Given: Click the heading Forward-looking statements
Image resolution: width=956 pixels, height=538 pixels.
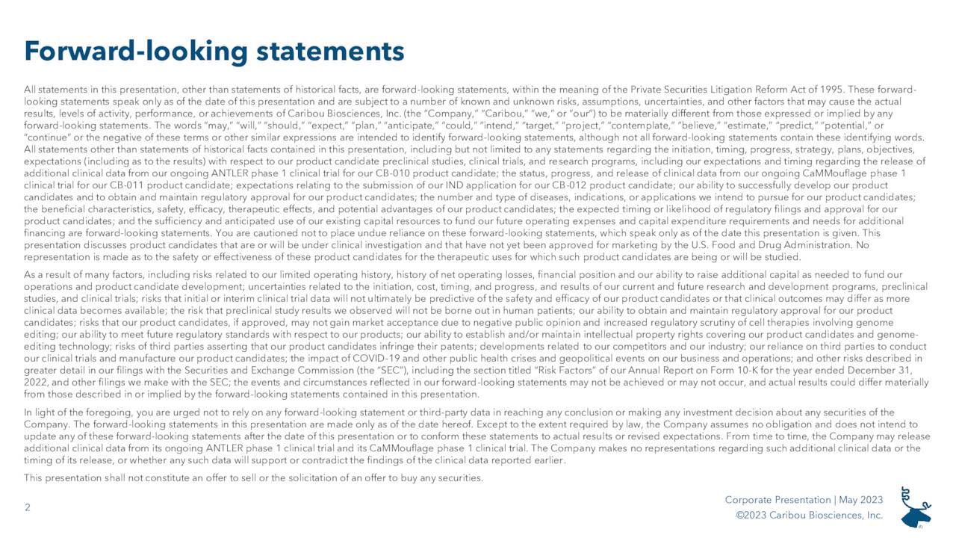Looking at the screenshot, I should click(214, 51).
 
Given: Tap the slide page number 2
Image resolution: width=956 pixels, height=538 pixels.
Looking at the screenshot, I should click(28, 508).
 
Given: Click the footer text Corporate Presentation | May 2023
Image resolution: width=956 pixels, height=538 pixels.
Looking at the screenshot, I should click(804, 500).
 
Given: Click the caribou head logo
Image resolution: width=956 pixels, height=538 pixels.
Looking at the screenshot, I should click(916, 507).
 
